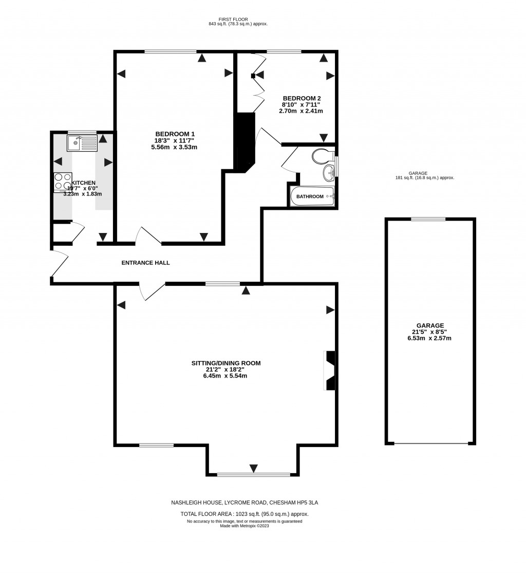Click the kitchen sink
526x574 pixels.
tap(82, 142)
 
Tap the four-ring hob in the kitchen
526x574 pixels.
tap(63, 182)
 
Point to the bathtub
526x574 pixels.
tap(312, 196)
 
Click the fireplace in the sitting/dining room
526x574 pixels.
tap(330, 370)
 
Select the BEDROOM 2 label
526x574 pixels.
tap(300, 98)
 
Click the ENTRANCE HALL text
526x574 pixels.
tap(145, 263)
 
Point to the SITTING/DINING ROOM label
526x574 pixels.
tap(226, 363)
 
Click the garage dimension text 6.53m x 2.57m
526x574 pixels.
tap(430, 338)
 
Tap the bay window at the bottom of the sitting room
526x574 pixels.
tap(253, 474)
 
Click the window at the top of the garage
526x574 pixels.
tap(428, 219)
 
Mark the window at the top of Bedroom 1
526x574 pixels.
tap(170, 51)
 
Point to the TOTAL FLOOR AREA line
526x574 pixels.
tap(244, 514)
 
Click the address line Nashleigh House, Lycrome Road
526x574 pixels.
tap(248, 502)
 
